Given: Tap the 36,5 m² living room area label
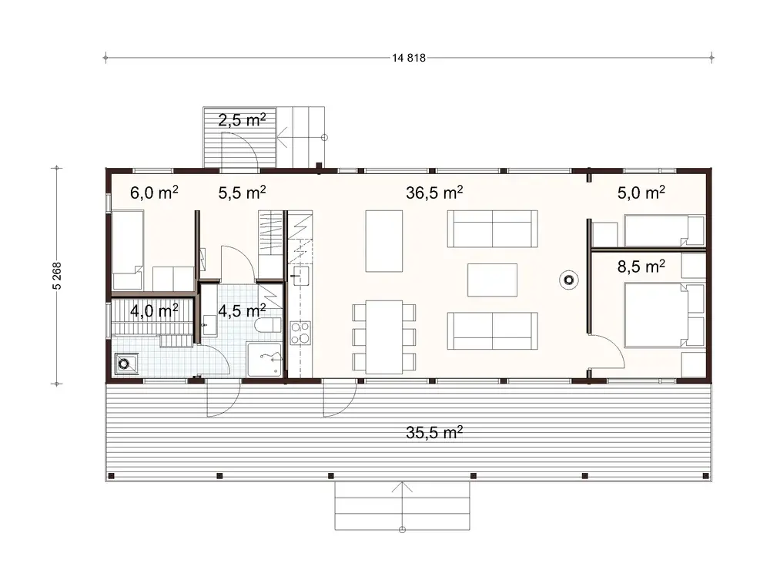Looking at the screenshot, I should click(x=434, y=193).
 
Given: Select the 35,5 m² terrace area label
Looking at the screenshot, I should click(x=434, y=432).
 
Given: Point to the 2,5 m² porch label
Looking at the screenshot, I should click(x=242, y=119).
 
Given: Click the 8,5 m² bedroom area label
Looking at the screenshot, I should click(x=641, y=267).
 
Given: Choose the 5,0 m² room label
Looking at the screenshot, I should click(x=641, y=193).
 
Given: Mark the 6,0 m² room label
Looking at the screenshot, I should click(x=154, y=193).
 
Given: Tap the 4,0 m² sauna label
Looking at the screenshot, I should click(x=154, y=311).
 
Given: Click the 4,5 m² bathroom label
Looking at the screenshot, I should click(x=242, y=311).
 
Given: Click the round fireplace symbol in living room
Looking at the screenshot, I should click(x=569, y=281).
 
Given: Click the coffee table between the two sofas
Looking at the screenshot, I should click(x=493, y=280).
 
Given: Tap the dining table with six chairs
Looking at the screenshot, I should click(x=384, y=337).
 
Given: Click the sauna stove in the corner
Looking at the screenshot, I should click(x=126, y=364).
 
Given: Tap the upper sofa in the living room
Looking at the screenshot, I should click(x=492, y=229).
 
